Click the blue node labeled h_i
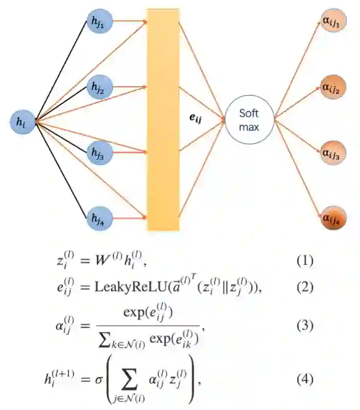click(22, 122)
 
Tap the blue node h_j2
click(99, 87)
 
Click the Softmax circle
click(250, 120)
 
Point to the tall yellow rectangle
click(163, 119)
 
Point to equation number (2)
click(304, 287)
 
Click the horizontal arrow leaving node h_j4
click(129, 218)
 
